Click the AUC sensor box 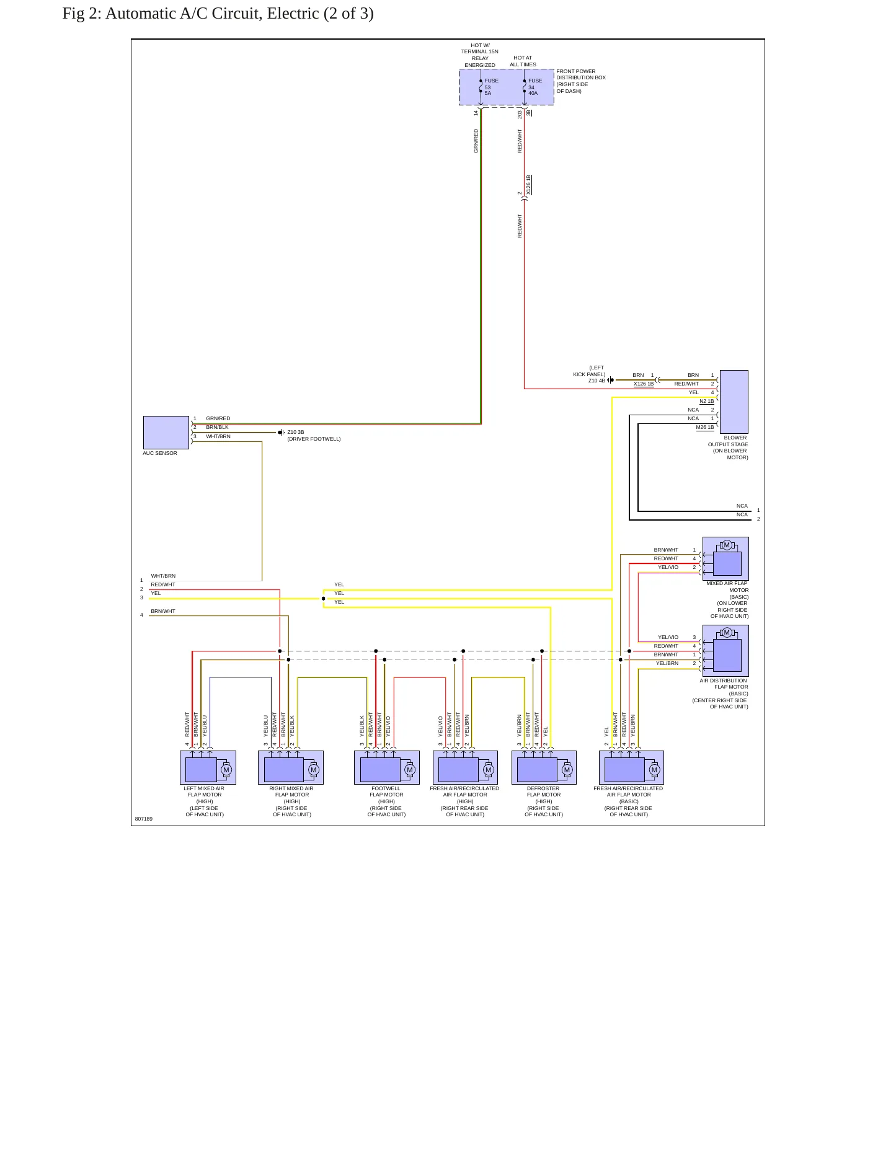point(166,433)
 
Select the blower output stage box point(734,402)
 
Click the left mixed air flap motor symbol point(208,767)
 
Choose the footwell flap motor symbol point(387,767)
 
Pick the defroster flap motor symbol point(544,767)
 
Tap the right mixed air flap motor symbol point(291,767)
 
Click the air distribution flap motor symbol point(725,651)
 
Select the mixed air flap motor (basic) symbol point(725,558)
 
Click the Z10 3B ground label point(296,432)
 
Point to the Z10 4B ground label point(597,381)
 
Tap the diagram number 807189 point(144,819)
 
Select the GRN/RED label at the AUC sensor point(218,418)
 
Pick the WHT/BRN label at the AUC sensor point(218,436)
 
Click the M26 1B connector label point(705,427)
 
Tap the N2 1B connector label point(707,401)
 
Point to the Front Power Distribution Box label point(581,81)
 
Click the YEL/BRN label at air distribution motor point(667,663)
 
